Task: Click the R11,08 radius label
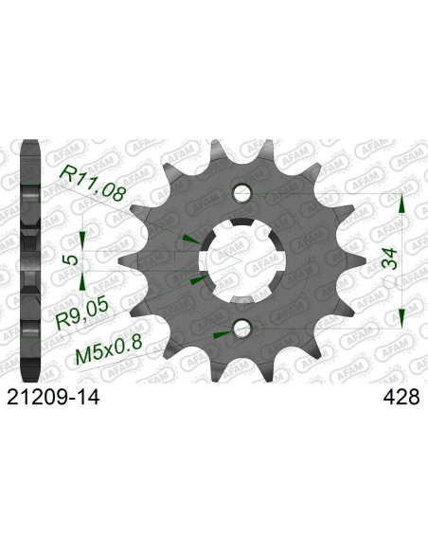[x=93, y=184]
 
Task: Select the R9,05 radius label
[x=81, y=313]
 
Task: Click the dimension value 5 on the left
[x=73, y=260]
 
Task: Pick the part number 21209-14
[x=54, y=398]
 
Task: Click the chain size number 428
[x=401, y=398]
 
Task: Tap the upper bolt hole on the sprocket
[x=242, y=193]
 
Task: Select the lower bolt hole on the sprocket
[x=242, y=329]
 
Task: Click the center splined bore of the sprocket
[x=242, y=260]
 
